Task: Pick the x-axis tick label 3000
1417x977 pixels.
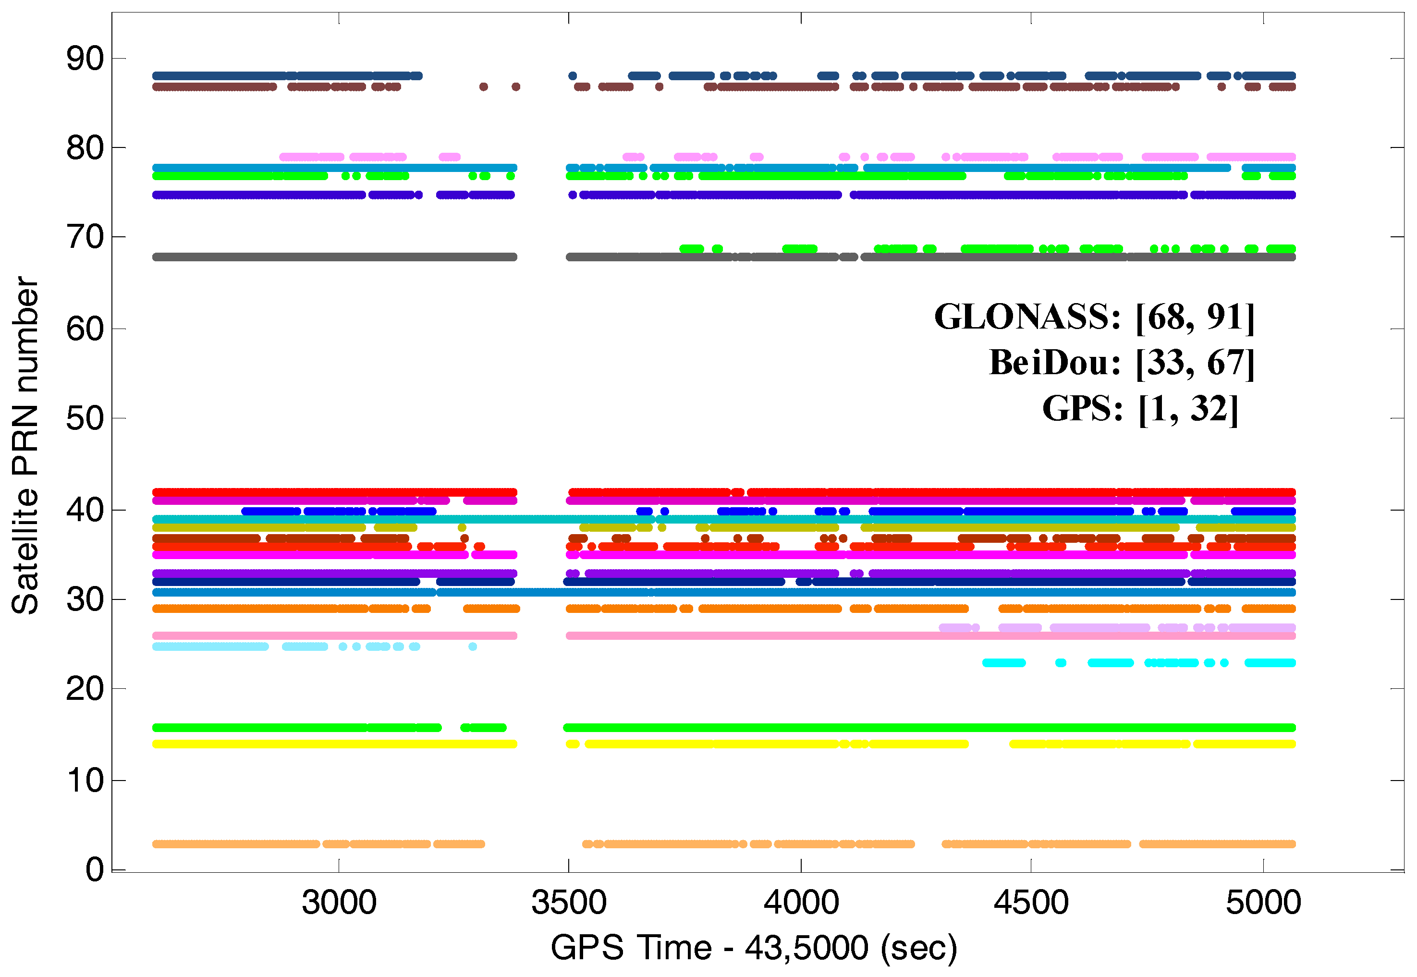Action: pos(339,903)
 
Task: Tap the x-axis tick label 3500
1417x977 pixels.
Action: pos(569,903)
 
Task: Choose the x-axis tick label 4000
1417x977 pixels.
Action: pos(801,903)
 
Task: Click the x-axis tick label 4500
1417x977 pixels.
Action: pos(1031,903)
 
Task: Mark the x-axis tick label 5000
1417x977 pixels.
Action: pos(1263,903)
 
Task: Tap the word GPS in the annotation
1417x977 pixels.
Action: pos(1082,408)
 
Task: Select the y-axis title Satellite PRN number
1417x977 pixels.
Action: pos(26,445)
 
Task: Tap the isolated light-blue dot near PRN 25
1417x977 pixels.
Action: pos(473,647)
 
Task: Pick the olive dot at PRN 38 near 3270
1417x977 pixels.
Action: pos(462,528)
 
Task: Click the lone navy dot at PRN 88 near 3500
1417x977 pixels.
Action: pos(572,76)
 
